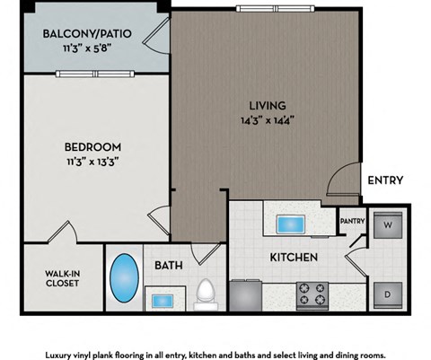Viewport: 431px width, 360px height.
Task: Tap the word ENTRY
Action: click(384, 180)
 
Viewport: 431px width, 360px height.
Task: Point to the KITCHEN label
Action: click(294, 258)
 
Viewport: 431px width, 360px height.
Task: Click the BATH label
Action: click(168, 266)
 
